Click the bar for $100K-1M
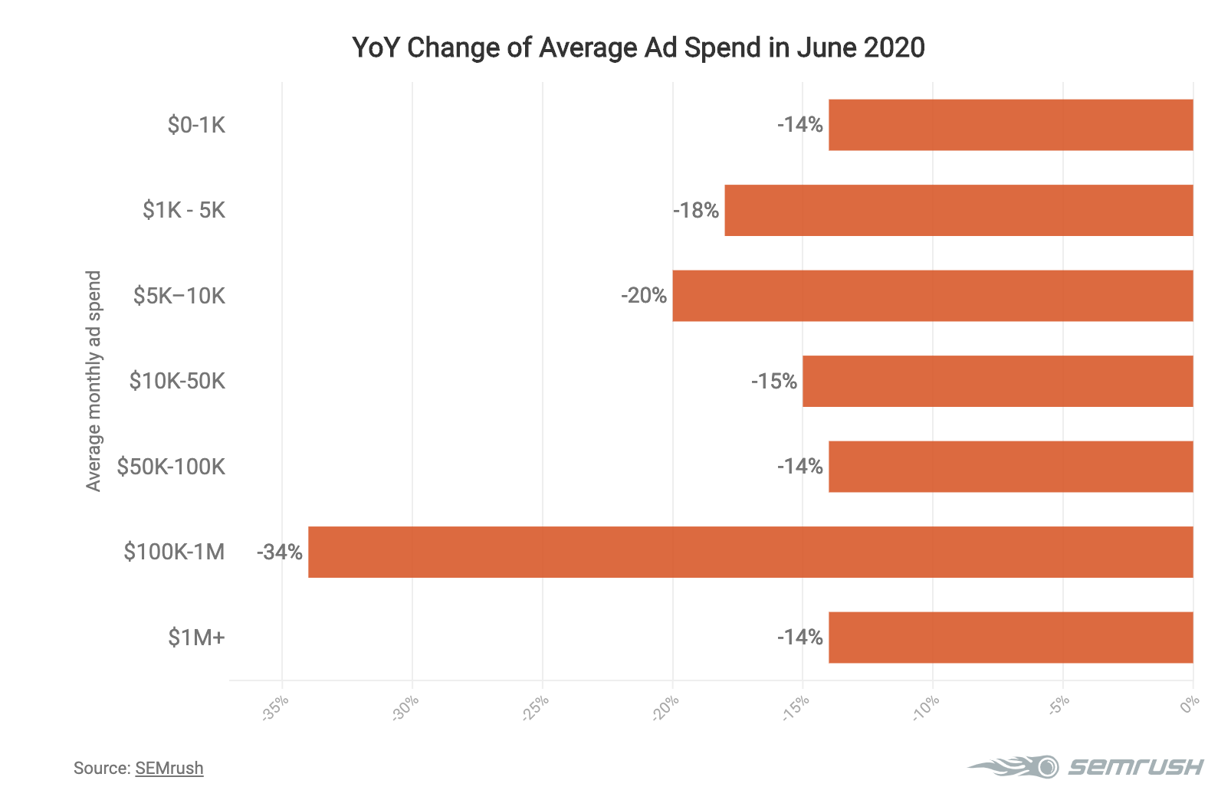click(750, 552)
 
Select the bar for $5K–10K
click(933, 296)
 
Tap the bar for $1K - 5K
click(959, 210)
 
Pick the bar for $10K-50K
click(998, 381)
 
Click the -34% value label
click(280, 552)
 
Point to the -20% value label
click(644, 296)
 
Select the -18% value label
click(696, 210)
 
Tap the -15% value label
click(774, 381)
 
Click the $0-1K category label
click(196, 125)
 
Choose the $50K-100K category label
click(171, 467)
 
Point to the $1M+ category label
click(196, 638)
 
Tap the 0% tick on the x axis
click(1190, 704)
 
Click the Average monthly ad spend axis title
click(94, 381)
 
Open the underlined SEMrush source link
click(169, 768)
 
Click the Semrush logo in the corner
click(1085, 766)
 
